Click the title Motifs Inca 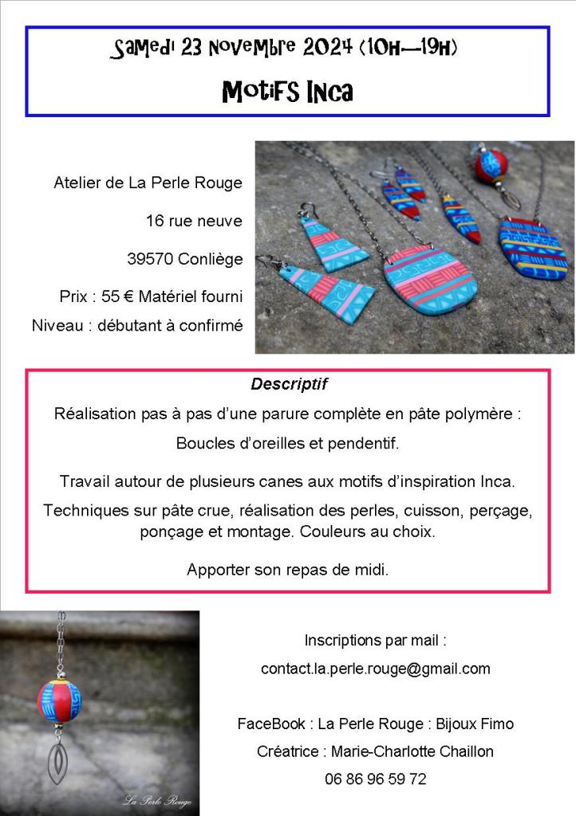pyautogui.click(x=287, y=92)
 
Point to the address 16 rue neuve pyautogui.click(x=194, y=221)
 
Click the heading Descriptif pyautogui.click(x=289, y=384)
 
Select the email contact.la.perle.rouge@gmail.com pyautogui.click(x=375, y=669)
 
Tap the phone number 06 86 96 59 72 pyautogui.click(x=375, y=779)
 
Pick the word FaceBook pyautogui.click(x=270, y=724)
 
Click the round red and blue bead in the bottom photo pyautogui.click(x=59, y=699)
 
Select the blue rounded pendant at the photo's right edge pyautogui.click(x=533, y=249)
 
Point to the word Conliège pyautogui.click(x=207, y=259)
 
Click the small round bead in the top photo pyautogui.click(x=493, y=166)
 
